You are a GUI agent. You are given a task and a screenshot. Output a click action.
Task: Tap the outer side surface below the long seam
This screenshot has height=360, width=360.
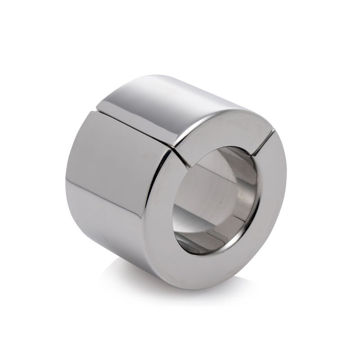coord(112,180)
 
